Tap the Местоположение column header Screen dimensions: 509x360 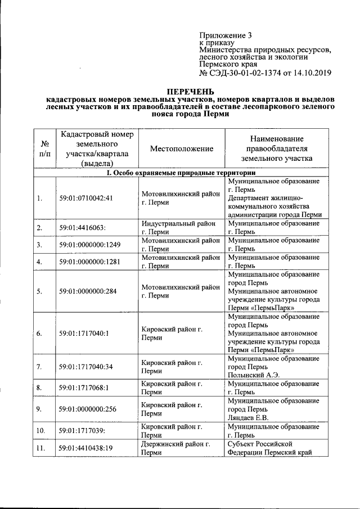(x=182, y=148)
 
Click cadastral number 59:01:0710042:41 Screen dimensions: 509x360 (x=87, y=198)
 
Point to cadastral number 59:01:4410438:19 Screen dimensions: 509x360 (x=87, y=448)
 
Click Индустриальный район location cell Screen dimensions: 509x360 (x=179, y=227)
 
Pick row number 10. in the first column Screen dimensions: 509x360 (x=41, y=431)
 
